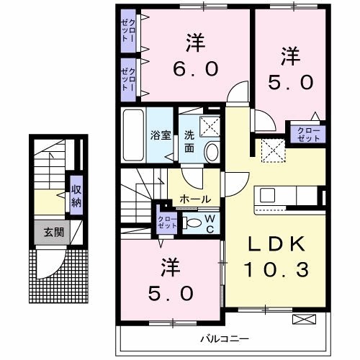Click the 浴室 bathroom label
point(158,134)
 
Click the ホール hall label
point(195,199)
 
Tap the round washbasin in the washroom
point(212,151)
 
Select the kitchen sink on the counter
point(268,194)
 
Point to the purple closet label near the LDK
point(305,132)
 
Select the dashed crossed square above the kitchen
point(273,151)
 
